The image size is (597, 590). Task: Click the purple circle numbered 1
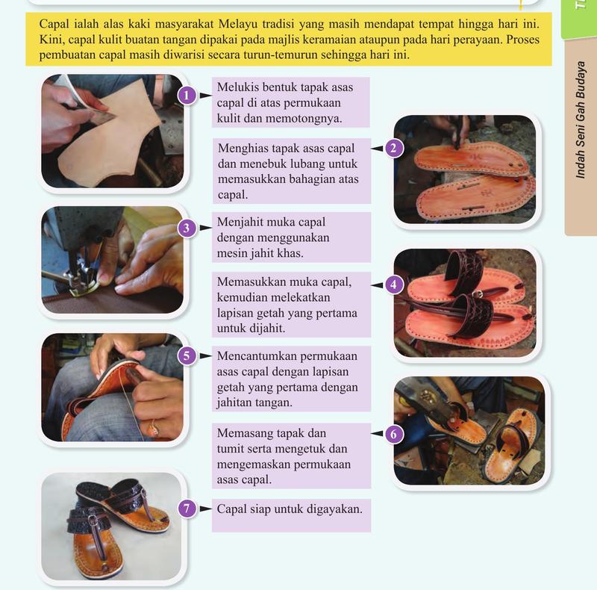[187, 96]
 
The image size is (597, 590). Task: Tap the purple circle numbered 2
[394, 148]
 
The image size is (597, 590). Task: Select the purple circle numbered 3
[187, 228]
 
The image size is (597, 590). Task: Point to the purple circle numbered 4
[394, 285]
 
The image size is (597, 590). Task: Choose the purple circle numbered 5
[187, 355]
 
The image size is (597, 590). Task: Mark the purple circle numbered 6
[394, 434]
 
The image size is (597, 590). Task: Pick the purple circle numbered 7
[187, 509]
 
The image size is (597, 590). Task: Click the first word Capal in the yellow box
[54, 24]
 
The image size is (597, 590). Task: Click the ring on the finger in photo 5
[154, 429]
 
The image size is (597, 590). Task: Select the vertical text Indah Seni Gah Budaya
[581, 119]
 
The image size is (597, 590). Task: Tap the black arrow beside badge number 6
[377, 433]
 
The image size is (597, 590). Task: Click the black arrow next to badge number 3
[205, 228]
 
